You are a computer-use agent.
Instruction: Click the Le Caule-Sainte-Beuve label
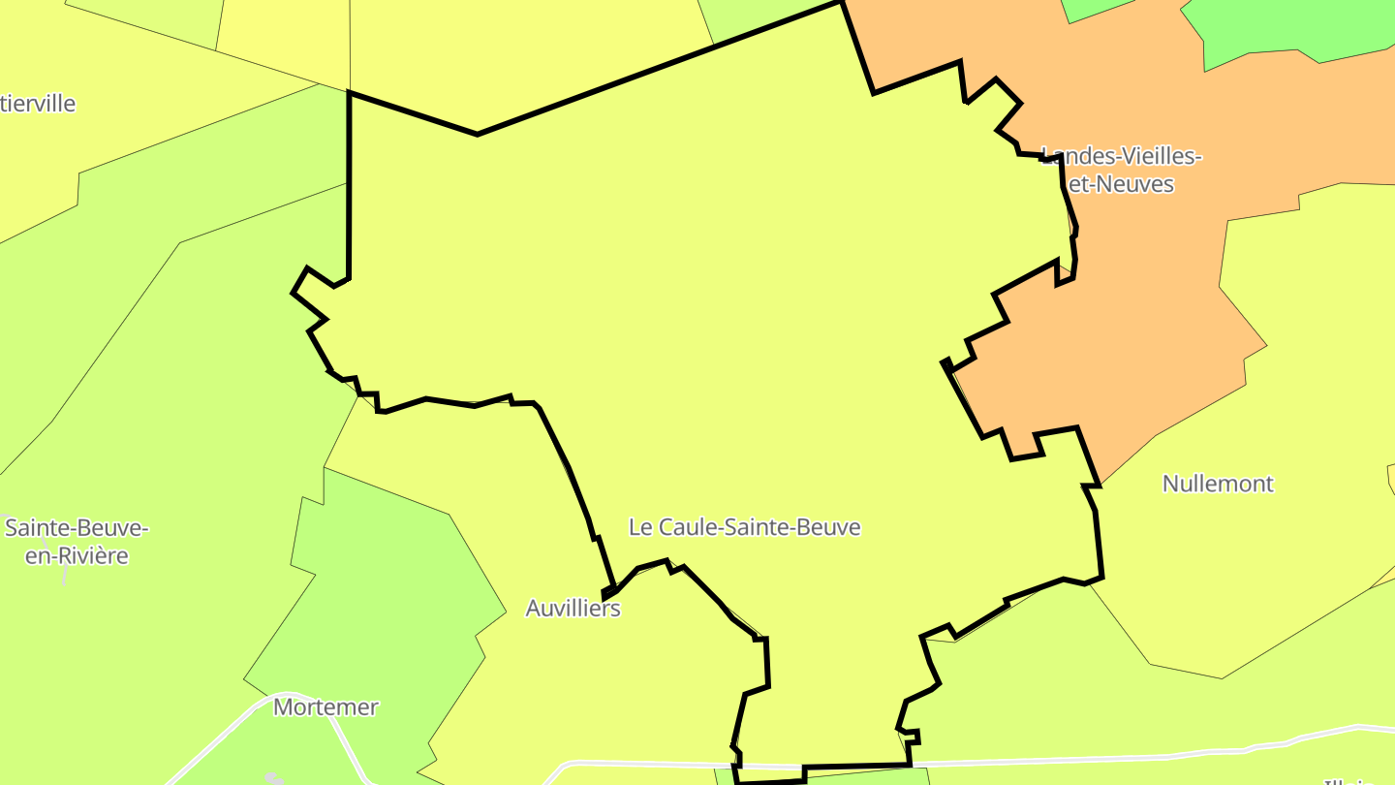[x=744, y=527]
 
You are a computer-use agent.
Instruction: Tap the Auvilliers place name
[x=573, y=609]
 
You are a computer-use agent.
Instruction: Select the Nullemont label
[x=1218, y=484]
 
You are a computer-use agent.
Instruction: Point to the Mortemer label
[x=325, y=707]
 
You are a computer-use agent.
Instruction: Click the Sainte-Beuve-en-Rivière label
[x=77, y=542]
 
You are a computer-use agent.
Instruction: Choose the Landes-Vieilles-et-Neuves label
[x=1121, y=170]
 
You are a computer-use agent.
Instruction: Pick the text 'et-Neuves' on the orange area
[x=1122, y=184]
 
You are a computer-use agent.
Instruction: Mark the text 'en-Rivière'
[x=77, y=556]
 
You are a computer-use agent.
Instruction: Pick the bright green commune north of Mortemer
[x=387, y=581]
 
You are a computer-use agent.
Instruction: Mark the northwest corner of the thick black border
[x=349, y=94]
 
